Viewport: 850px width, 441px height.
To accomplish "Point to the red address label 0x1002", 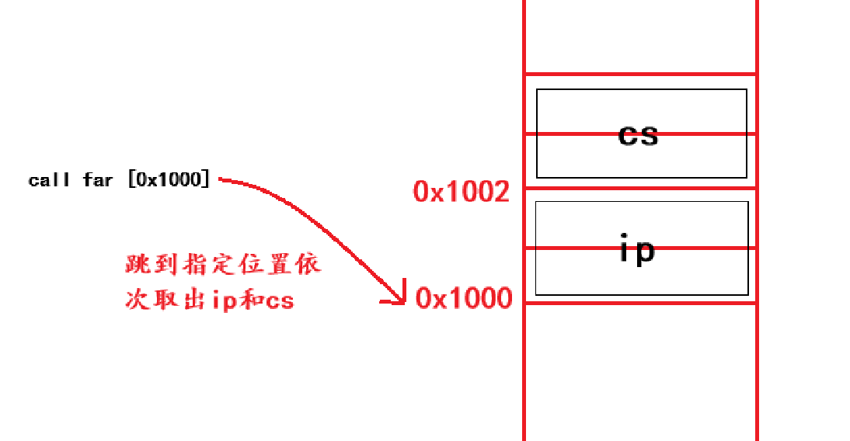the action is coord(462,191).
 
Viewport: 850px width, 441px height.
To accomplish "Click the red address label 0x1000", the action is coord(464,298).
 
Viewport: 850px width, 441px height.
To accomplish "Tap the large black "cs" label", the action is coord(638,135).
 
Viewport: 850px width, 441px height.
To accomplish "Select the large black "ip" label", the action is coord(637,250).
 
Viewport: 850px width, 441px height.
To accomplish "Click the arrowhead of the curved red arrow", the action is coord(401,298).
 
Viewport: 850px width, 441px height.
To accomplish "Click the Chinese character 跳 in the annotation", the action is coord(137,265).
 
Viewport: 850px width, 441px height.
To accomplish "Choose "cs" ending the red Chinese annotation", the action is coord(279,300).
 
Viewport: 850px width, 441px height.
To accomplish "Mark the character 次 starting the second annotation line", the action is coord(137,300).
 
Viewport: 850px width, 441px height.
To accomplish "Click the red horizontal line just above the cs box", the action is coord(640,75).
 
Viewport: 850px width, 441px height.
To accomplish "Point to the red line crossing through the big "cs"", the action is coord(575,134).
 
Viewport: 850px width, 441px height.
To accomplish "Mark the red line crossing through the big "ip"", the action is coord(575,248).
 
